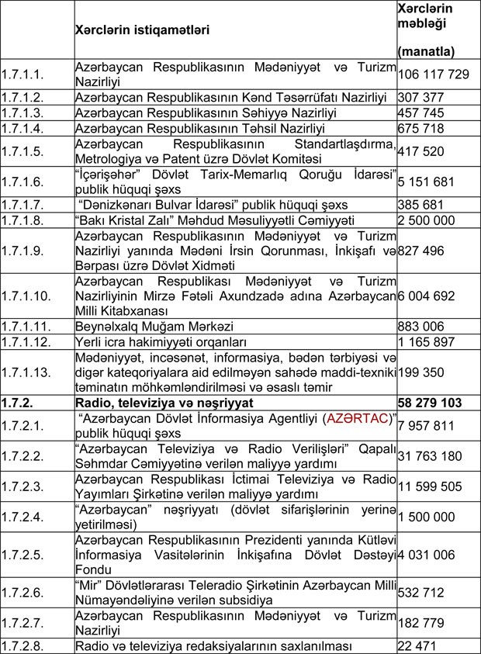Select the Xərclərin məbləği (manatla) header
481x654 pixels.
pyautogui.click(x=425, y=29)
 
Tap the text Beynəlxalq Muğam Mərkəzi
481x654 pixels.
pyautogui.click(x=154, y=327)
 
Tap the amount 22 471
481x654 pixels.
pyautogui.click(x=415, y=645)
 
